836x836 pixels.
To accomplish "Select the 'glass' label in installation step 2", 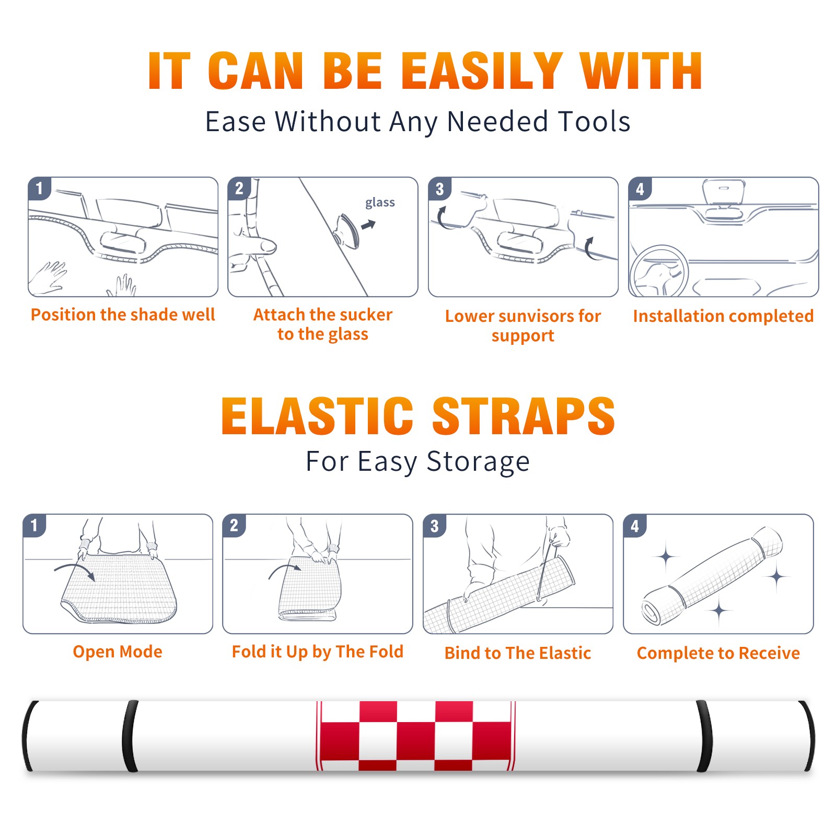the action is coord(380,203).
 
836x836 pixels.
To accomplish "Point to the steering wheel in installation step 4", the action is coord(658,272).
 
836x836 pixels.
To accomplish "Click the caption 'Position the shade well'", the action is coord(123,315).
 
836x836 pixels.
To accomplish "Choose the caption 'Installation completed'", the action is coord(723,316).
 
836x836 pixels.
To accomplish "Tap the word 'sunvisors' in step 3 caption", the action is coord(536,316).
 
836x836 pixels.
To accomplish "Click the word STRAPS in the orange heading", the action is coord(524,416).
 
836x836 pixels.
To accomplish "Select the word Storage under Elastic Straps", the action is coord(478,462).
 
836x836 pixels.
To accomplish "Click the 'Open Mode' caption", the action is coord(118,652).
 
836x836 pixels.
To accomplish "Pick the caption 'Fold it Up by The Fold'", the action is coord(318,652).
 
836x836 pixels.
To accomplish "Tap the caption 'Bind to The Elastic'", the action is coord(518,653).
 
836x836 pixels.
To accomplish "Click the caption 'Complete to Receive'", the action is coord(718,653).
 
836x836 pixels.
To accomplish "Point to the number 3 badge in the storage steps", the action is coord(435,526).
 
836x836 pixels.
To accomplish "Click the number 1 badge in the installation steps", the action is coord(39,188).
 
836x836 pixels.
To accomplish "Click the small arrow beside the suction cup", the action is coord(368,225).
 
